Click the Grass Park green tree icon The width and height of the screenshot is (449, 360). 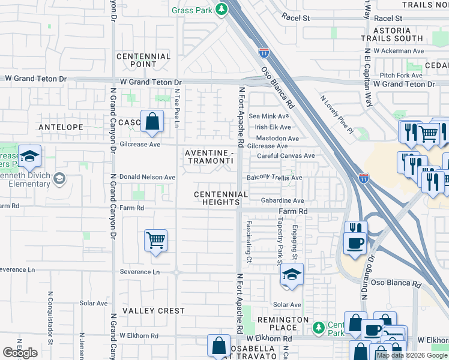pos(221,9)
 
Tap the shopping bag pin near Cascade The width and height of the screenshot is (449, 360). pos(153,122)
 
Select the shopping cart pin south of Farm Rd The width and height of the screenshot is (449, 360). pos(156,241)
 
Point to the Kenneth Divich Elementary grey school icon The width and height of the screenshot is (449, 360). pos(59,178)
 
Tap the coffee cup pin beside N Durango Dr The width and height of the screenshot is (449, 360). pos(355,243)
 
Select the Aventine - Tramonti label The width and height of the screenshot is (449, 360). pos(208,157)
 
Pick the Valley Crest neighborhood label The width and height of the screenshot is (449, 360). pos(154,311)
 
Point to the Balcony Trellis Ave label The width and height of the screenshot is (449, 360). pos(274,178)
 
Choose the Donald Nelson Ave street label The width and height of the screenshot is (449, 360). pos(148,178)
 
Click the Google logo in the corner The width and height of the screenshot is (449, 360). pos(20,353)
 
